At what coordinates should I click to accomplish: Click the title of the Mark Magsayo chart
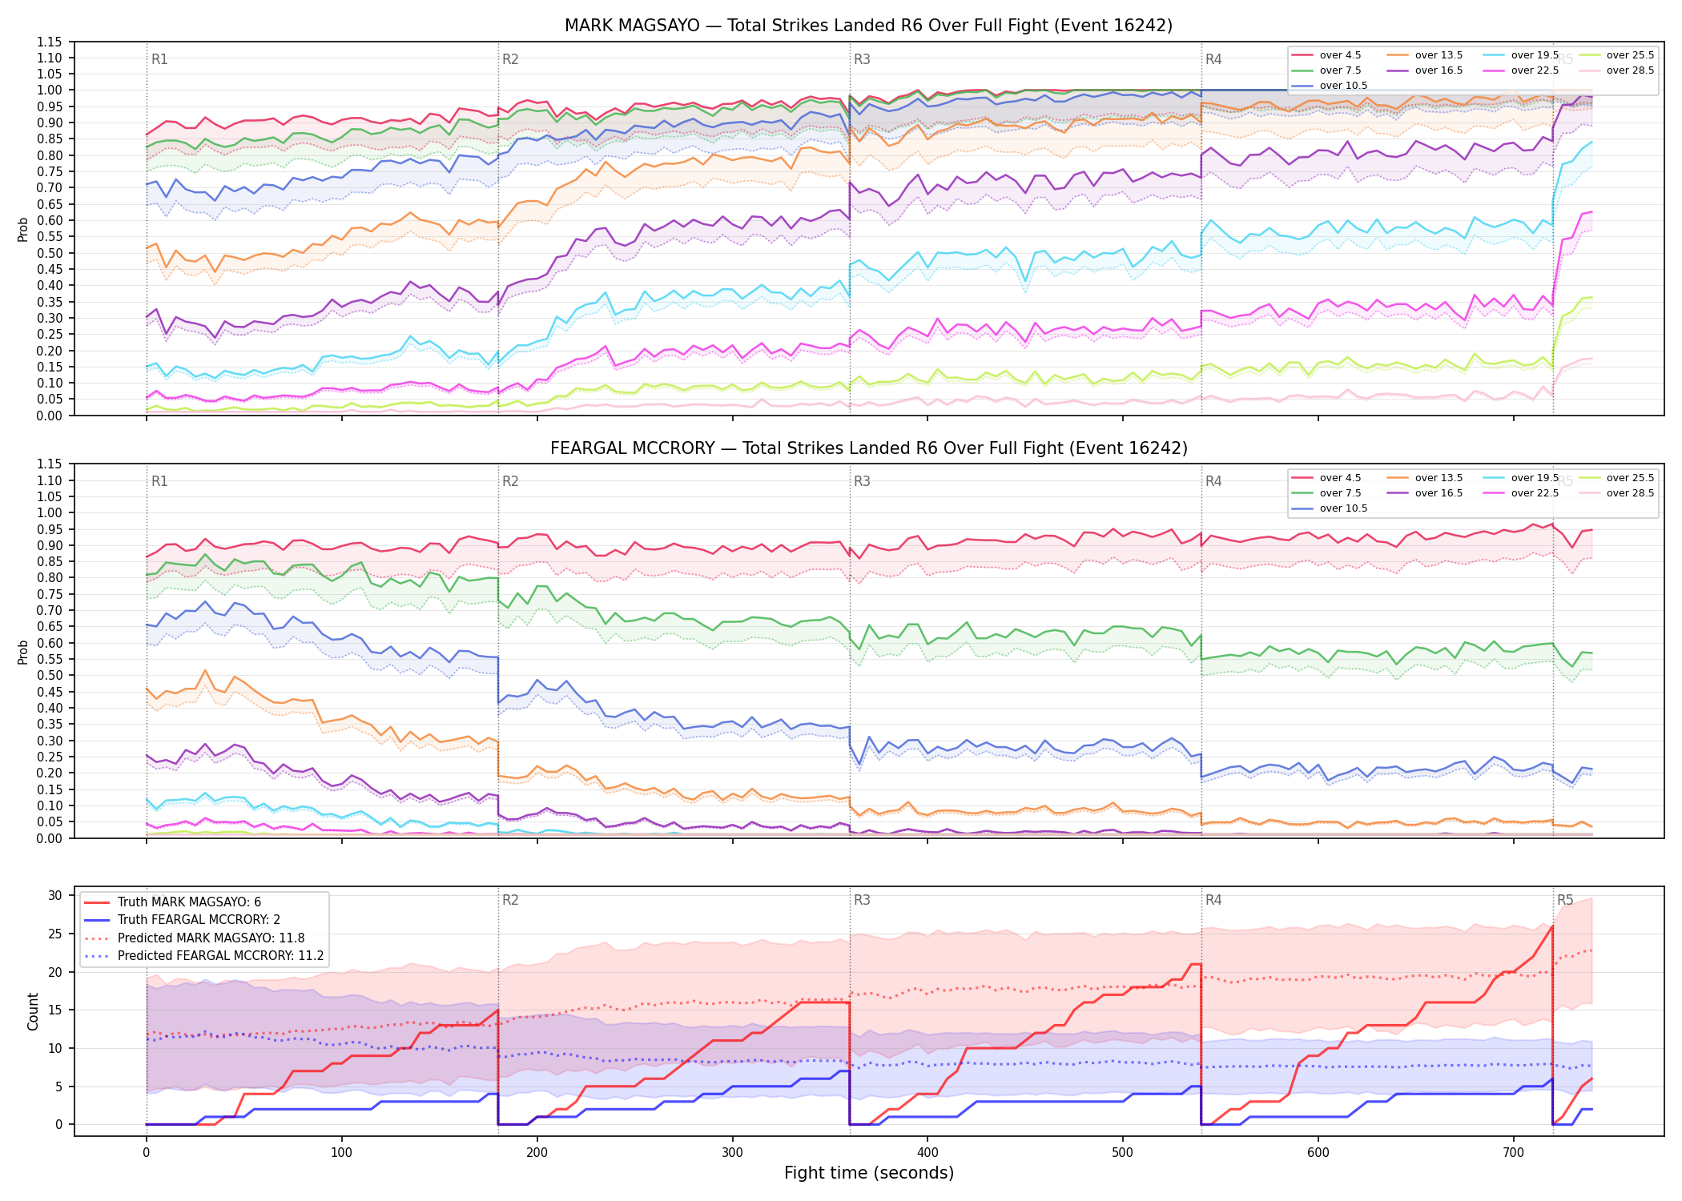(x=868, y=26)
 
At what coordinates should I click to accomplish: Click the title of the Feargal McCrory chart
(x=868, y=448)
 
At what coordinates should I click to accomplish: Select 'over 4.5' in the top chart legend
(x=1340, y=55)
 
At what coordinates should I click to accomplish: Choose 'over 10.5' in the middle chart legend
(x=1343, y=508)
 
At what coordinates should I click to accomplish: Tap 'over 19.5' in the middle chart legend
(x=1535, y=478)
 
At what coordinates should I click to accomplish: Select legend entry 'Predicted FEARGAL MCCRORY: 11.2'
(x=220, y=956)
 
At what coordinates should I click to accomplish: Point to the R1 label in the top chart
(x=159, y=59)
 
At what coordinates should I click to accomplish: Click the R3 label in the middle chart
(x=862, y=481)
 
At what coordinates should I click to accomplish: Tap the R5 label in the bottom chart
(x=1565, y=900)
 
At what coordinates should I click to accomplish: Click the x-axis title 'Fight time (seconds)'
(x=869, y=1173)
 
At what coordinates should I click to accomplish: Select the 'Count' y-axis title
(x=33, y=1012)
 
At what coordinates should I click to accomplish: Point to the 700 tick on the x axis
(x=1513, y=1153)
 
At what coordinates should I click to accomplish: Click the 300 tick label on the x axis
(x=732, y=1153)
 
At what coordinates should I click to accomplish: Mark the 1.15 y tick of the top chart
(x=50, y=42)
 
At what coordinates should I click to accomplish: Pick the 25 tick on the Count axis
(x=55, y=934)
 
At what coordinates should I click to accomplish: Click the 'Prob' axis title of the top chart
(x=23, y=229)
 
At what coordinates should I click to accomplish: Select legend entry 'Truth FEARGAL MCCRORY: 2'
(x=199, y=920)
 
